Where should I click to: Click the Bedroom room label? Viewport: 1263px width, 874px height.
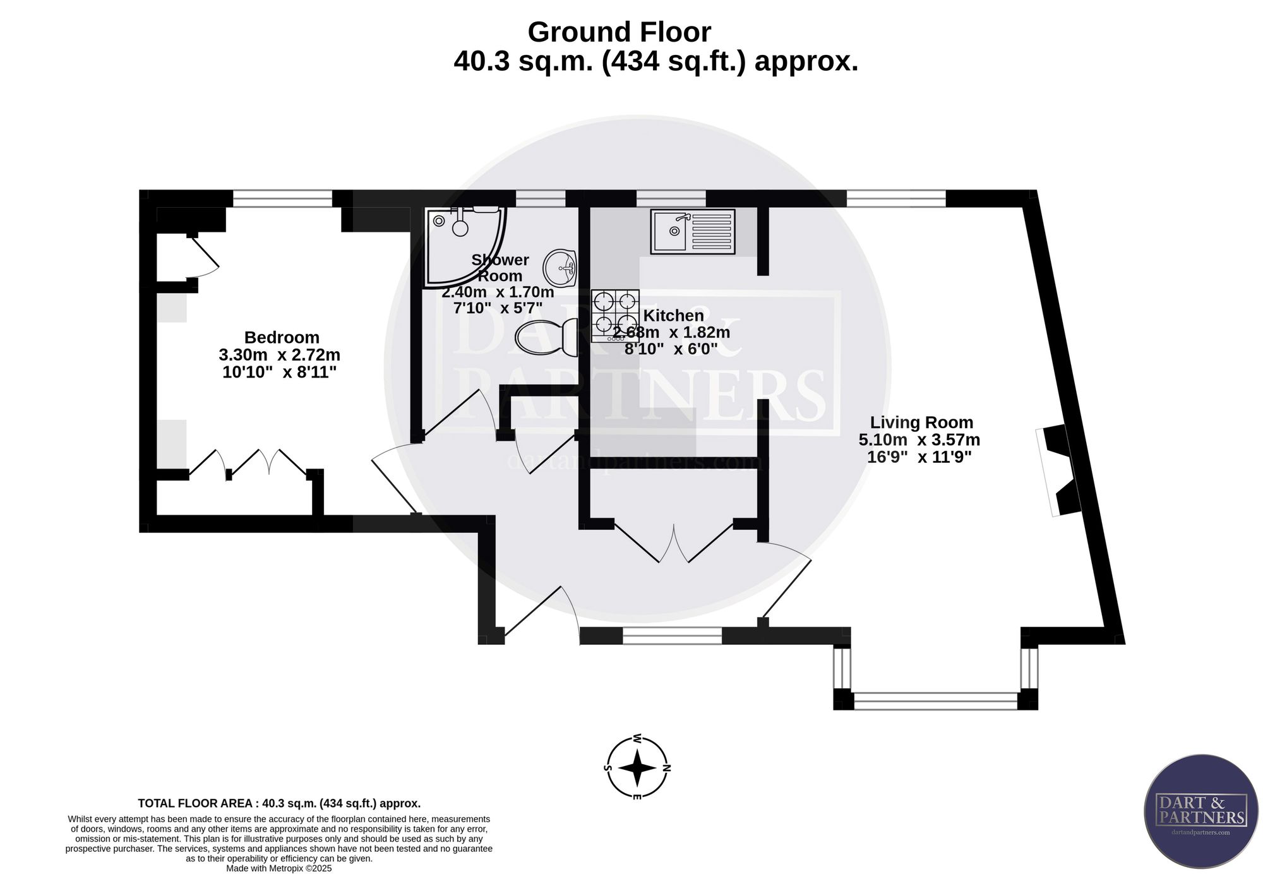[282, 337]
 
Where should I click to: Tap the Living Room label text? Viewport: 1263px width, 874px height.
[921, 422]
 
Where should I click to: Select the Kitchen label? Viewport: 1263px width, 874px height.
[673, 315]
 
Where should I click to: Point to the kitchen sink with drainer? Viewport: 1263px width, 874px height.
[693, 232]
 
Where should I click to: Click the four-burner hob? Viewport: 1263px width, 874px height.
[615, 316]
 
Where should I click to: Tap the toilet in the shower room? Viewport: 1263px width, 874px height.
[547, 337]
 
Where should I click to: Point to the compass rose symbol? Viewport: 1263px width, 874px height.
[637, 768]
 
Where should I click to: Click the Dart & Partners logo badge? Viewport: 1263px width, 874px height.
[1201, 811]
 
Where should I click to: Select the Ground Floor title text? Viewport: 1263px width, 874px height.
[619, 32]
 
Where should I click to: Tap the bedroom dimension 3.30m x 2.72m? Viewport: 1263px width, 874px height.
[280, 355]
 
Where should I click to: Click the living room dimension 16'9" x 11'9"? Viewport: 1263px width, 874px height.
[919, 457]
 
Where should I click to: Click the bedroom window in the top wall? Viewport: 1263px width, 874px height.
[282, 198]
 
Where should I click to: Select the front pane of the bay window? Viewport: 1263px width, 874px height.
[935, 701]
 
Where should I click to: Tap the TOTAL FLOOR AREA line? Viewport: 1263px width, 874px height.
[279, 803]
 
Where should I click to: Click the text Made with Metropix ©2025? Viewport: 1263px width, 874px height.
[279, 868]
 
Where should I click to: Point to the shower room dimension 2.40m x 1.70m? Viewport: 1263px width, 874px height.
[498, 292]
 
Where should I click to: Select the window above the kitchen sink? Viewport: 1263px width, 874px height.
[671, 198]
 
